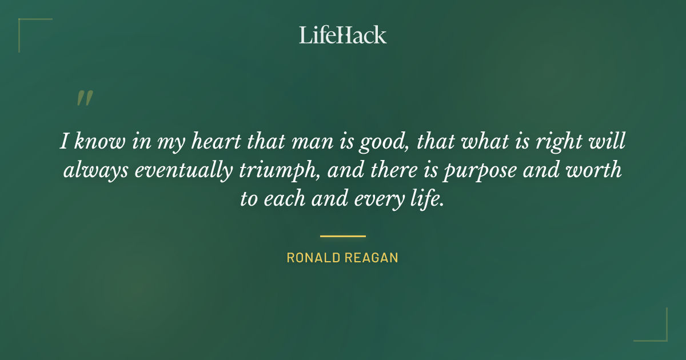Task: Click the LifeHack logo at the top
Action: coord(343,35)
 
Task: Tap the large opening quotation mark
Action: coord(84,99)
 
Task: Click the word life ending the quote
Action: coord(429,199)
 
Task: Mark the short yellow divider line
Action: coord(343,235)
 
